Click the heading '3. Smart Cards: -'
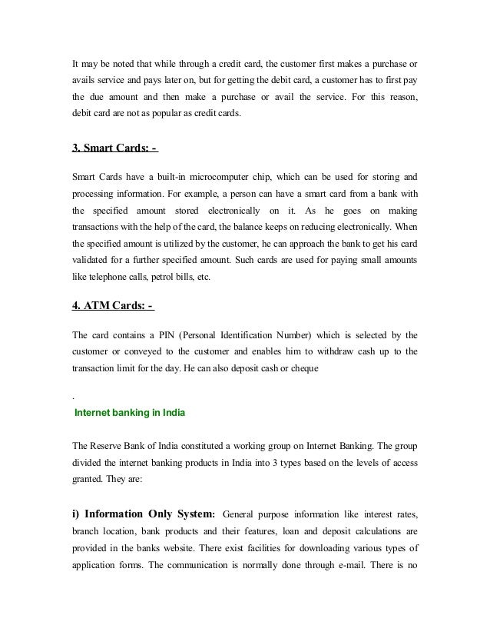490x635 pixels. pyautogui.click(x=114, y=148)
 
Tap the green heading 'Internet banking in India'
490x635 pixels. pyautogui.click(x=130, y=413)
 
